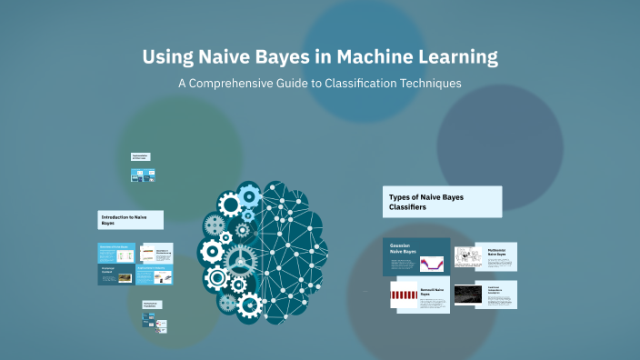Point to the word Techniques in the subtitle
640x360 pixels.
(429, 83)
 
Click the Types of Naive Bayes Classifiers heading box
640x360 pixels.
(443, 202)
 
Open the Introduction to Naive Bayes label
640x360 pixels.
(131, 219)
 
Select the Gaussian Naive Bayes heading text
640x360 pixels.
(403, 248)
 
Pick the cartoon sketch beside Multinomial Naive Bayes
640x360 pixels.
(469, 257)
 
